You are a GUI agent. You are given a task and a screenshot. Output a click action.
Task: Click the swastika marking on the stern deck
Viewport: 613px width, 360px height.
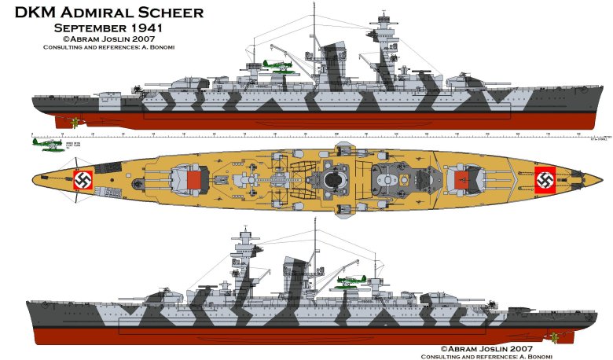[x=83, y=180]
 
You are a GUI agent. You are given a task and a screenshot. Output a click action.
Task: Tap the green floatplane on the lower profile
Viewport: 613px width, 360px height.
[x=350, y=279]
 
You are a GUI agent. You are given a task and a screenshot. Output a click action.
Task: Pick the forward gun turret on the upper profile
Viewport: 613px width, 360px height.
[x=462, y=80]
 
